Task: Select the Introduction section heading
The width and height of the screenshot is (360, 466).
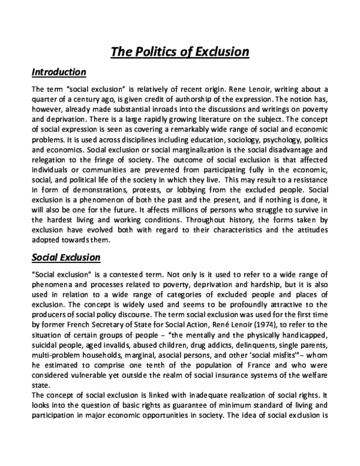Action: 59,73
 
